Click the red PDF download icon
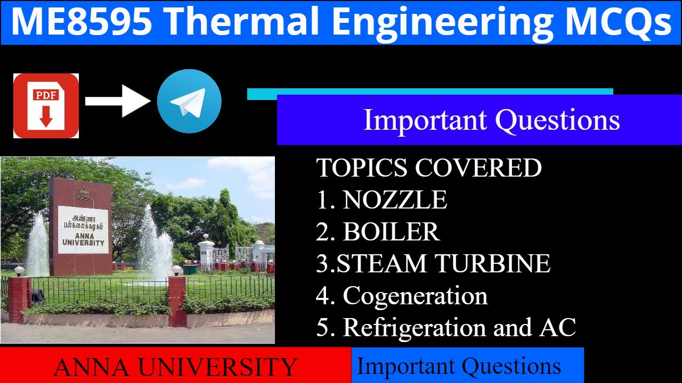46,106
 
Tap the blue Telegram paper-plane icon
189,101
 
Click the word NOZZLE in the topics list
395,200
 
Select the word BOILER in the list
391,232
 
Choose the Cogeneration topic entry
415,296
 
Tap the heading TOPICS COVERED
429,168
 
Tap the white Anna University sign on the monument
83,230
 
